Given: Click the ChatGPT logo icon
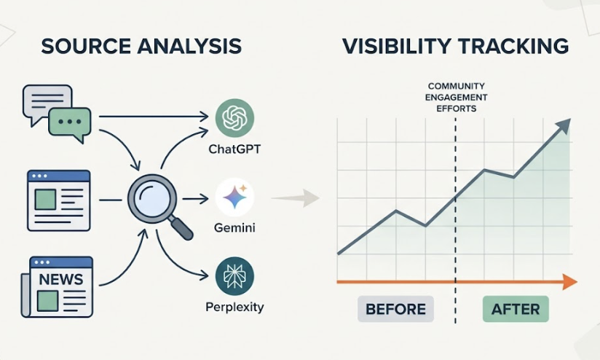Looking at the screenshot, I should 234,117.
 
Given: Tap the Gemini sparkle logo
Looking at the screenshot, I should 234,197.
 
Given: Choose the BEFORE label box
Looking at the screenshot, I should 395,309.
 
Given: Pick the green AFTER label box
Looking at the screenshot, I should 515,309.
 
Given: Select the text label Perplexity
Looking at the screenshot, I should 234,307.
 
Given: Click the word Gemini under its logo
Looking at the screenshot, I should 234,228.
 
